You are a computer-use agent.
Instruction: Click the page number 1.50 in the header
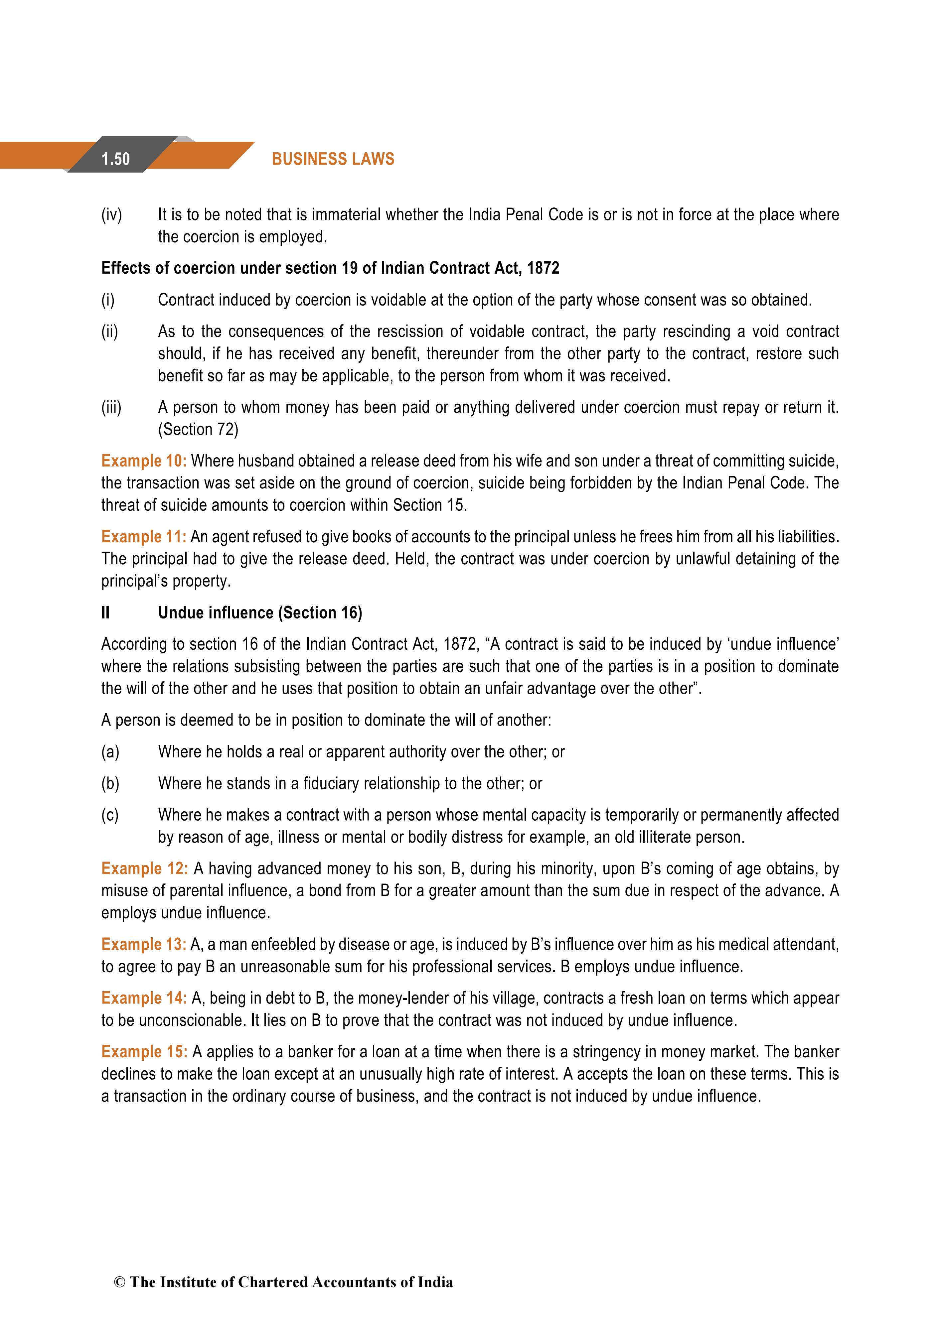[x=115, y=159]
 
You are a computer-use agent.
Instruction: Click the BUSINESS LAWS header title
[x=333, y=159]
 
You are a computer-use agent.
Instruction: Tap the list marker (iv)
[x=112, y=215]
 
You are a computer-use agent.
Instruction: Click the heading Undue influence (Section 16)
[x=260, y=613]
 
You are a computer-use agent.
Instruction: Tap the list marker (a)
[x=110, y=752]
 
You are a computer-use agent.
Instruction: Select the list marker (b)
[x=110, y=784]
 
